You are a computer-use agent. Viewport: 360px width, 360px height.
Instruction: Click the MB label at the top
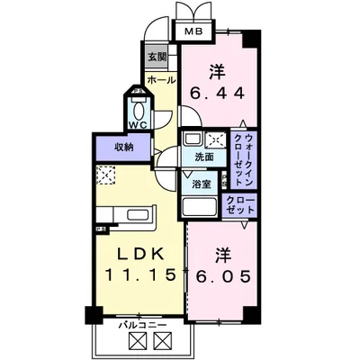point(193,32)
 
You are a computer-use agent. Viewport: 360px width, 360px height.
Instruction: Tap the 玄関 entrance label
point(157,56)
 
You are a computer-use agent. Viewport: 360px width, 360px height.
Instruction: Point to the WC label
point(138,124)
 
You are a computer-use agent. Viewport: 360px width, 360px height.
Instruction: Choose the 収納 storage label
point(123,146)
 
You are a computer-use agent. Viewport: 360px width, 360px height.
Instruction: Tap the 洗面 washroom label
point(204,157)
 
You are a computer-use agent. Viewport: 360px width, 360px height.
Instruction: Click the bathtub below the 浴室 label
point(201,206)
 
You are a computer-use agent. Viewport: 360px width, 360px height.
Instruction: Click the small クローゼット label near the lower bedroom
point(238,202)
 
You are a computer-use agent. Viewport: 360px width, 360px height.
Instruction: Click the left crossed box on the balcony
point(138,340)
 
